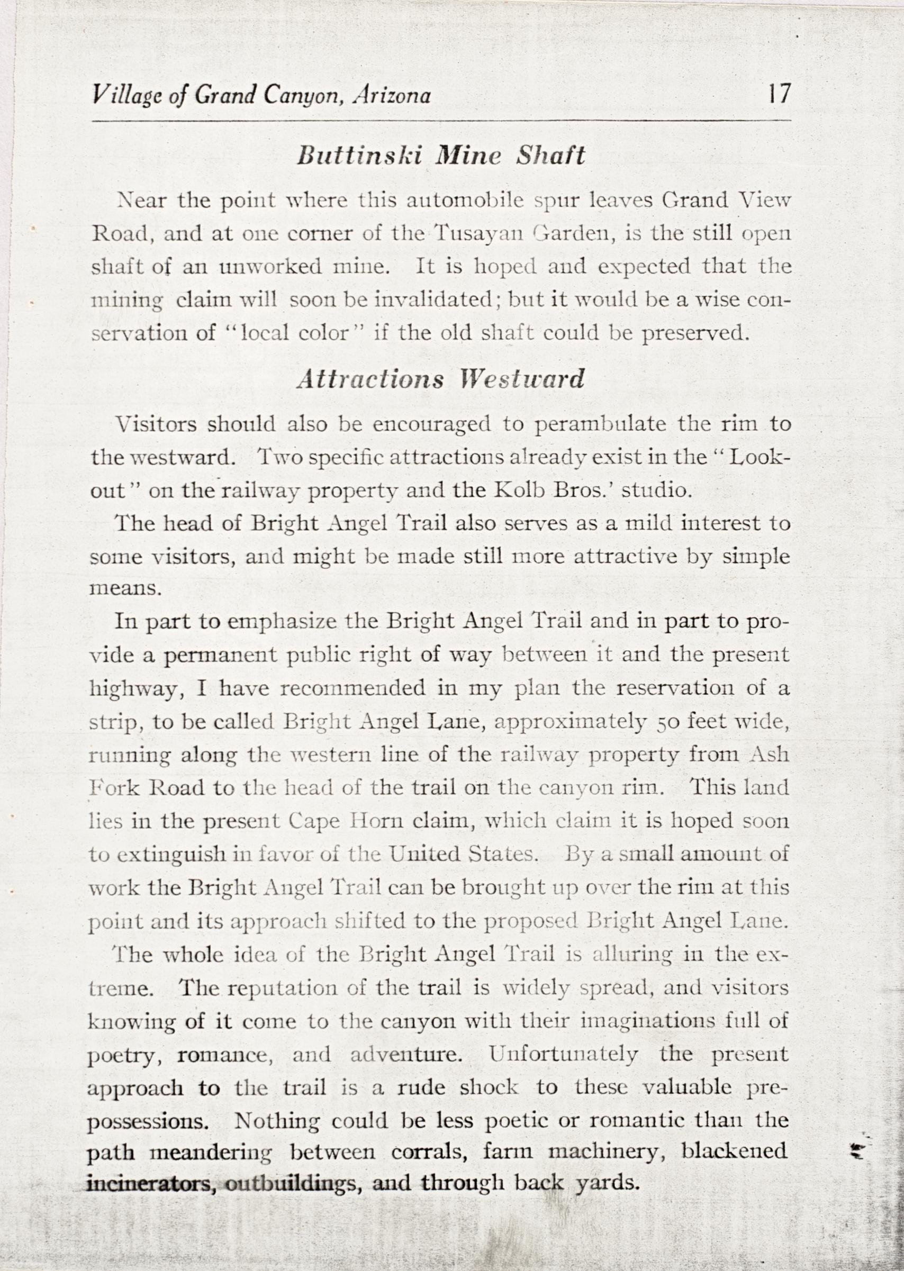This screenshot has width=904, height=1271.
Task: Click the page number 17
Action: pos(777,94)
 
